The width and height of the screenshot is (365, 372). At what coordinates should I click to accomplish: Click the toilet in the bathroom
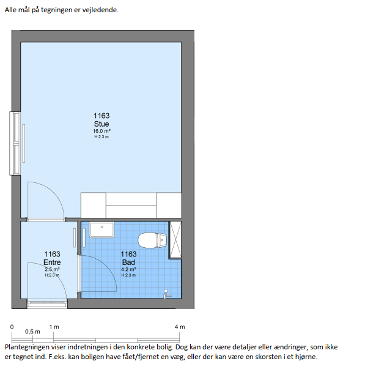point(152,240)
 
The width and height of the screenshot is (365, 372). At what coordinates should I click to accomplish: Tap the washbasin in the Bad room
point(101,229)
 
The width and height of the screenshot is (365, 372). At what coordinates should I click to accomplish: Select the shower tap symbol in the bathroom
point(167,294)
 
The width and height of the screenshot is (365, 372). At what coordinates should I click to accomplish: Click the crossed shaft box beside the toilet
point(175,240)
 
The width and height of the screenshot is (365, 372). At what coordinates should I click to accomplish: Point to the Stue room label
point(101,124)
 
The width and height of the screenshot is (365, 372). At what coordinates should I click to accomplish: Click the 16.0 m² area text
point(101,131)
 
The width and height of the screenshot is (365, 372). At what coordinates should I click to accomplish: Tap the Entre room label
point(52,262)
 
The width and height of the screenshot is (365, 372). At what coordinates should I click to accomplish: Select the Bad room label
point(128,262)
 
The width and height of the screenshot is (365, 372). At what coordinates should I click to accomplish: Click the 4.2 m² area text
point(128,269)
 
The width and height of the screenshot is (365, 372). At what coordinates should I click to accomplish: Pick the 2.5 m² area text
point(52,269)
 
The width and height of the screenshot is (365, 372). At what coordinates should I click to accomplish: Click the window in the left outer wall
point(15,144)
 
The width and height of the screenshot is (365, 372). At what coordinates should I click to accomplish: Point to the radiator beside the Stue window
point(24,144)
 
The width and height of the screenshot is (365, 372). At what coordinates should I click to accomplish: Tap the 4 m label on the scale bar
point(180,327)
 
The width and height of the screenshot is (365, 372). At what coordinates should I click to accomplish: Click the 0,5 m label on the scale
point(32,332)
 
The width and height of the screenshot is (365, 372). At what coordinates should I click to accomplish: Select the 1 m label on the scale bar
point(54,327)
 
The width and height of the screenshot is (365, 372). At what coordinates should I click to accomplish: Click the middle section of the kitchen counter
point(131,205)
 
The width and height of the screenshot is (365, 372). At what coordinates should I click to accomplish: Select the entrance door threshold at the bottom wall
point(47,304)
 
